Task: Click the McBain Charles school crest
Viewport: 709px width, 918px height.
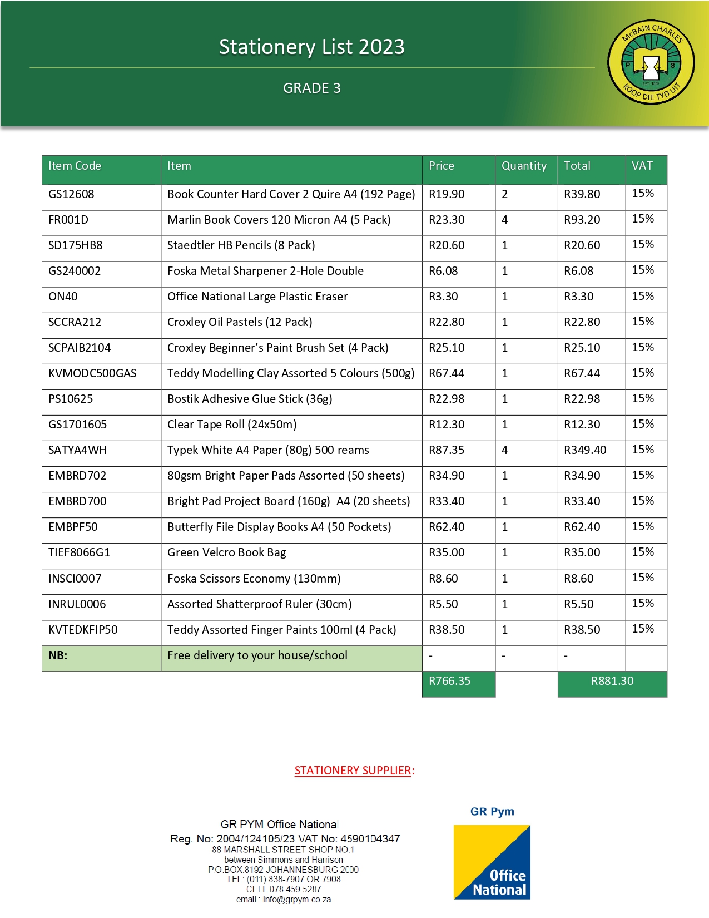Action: point(651,62)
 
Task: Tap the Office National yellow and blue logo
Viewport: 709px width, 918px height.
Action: point(492,862)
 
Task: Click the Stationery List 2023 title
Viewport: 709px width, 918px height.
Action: point(311,47)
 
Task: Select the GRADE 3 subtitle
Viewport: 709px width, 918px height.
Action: point(311,88)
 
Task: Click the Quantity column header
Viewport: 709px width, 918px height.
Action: point(524,166)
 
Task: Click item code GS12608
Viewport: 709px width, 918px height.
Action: point(71,194)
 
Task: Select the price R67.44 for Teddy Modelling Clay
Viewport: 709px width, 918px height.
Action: point(447,373)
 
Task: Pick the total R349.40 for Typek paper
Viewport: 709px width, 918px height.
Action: point(585,450)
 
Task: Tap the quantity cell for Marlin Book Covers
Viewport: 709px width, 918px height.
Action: point(505,220)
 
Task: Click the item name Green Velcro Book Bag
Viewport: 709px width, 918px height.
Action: point(227,552)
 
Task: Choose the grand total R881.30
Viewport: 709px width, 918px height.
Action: point(612,681)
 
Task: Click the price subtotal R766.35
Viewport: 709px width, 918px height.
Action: point(449,681)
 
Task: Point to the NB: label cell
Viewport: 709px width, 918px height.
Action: point(58,655)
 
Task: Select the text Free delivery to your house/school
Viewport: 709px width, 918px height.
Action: point(257,655)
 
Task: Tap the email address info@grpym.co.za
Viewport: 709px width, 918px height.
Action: point(297,900)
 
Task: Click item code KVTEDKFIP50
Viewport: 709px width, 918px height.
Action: point(83,630)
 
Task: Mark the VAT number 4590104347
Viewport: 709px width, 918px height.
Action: point(370,838)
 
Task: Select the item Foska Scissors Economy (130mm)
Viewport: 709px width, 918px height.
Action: point(254,579)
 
